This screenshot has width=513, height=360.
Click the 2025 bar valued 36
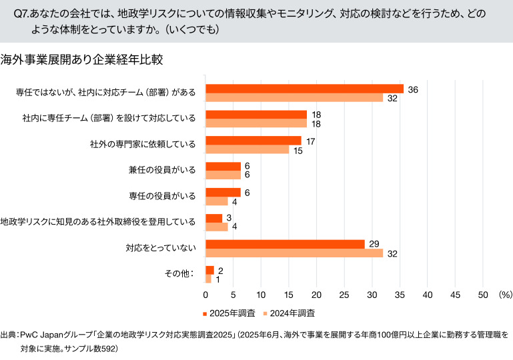click(x=304, y=89)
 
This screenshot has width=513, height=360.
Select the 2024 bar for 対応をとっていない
click(x=294, y=253)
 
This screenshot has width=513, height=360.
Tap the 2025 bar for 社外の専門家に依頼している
click(x=253, y=141)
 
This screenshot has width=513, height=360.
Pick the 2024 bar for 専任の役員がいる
click(x=217, y=201)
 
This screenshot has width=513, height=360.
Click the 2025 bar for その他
click(x=209, y=270)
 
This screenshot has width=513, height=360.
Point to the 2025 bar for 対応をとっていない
click(x=286, y=244)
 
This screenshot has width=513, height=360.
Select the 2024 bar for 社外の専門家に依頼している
click(x=247, y=149)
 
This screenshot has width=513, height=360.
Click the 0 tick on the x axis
click(x=205, y=294)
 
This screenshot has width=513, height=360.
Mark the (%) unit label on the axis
click(x=504, y=294)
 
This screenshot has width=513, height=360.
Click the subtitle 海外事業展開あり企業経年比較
click(x=82, y=59)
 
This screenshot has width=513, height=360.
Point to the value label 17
click(x=310, y=141)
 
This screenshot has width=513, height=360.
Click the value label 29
click(x=374, y=244)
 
